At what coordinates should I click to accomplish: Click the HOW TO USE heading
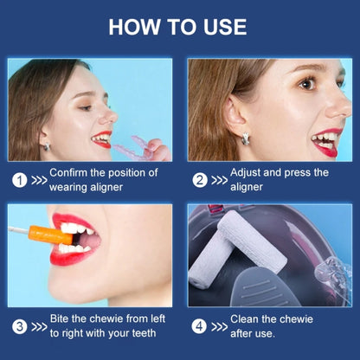click(x=177, y=27)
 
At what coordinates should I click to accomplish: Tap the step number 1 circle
click(x=20, y=180)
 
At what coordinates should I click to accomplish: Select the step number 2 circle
click(x=200, y=180)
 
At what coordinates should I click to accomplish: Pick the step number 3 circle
click(x=20, y=326)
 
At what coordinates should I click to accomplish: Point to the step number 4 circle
click(x=199, y=326)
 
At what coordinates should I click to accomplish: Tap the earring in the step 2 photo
click(x=245, y=138)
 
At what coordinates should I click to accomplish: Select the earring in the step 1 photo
click(x=47, y=146)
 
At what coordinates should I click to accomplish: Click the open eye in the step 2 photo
click(x=306, y=84)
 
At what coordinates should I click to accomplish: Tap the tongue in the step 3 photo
click(x=90, y=240)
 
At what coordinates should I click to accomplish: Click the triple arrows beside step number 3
click(x=39, y=326)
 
